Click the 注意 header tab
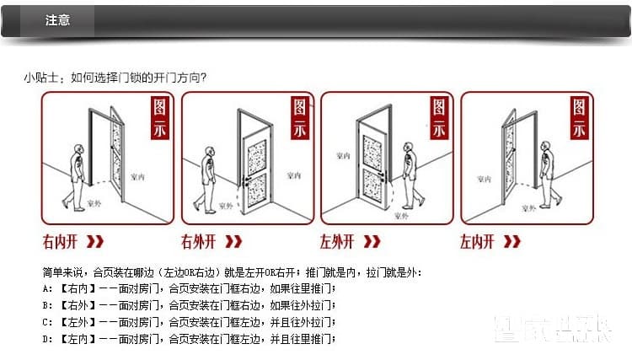(x=57, y=20)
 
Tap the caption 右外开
(x=199, y=243)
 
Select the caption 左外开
(x=337, y=243)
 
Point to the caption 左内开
(x=477, y=243)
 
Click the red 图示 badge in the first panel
(x=162, y=118)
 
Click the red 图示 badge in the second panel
(x=301, y=118)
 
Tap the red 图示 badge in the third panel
(x=440, y=118)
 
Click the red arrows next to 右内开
(x=95, y=243)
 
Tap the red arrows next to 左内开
(x=511, y=243)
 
